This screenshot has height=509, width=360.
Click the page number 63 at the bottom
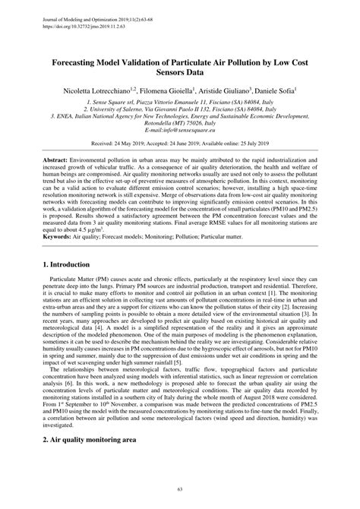click(180, 491)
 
